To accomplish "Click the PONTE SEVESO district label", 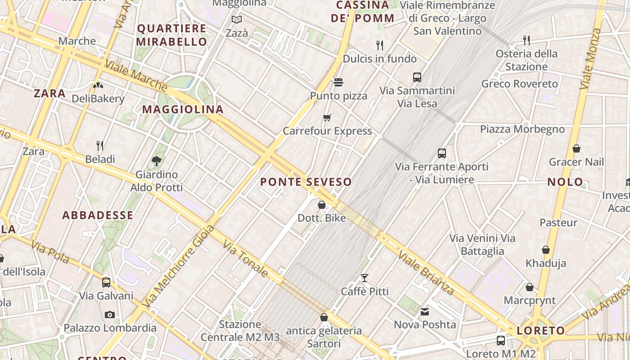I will pyautogui.click(x=306, y=182).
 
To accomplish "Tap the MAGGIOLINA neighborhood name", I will pyautogui.click(x=183, y=109).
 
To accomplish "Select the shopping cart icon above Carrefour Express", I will pyautogui.click(x=327, y=118).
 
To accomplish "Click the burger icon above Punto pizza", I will pyautogui.click(x=338, y=82).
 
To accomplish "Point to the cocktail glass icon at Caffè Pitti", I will pyautogui.click(x=364, y=278).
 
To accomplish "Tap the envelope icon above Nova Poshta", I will pyautogui.click(x=425, y=311).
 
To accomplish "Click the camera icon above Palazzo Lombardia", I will pyautogui.click(x=110, y=315).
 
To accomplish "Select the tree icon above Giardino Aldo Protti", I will pyautogui.click(x=157, y=161).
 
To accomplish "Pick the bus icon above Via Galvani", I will pyautogui.click(x=106, y=283).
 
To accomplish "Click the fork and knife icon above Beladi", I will pyautogui.click(x=100, y=146).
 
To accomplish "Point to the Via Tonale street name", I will pyautogui.click(x=246, y=258).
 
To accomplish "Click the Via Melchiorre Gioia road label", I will pyautogui.click(x=178, y=266).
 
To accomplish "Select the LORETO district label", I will pyautogui.click(x=540, y=331).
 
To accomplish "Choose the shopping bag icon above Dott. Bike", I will pyautogui.click(x=322, y=205).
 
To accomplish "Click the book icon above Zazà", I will pyautogui.click(x=237, y=20).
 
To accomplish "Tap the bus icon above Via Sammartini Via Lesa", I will pyautogui.click(x=417, y=77).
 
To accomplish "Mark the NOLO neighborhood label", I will pyautogui.click(x=565, y=182).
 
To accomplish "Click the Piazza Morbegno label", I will pyautogui.click(x=522, y=130).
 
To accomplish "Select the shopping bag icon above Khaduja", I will pyautogui.click(x=546, y=250).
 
